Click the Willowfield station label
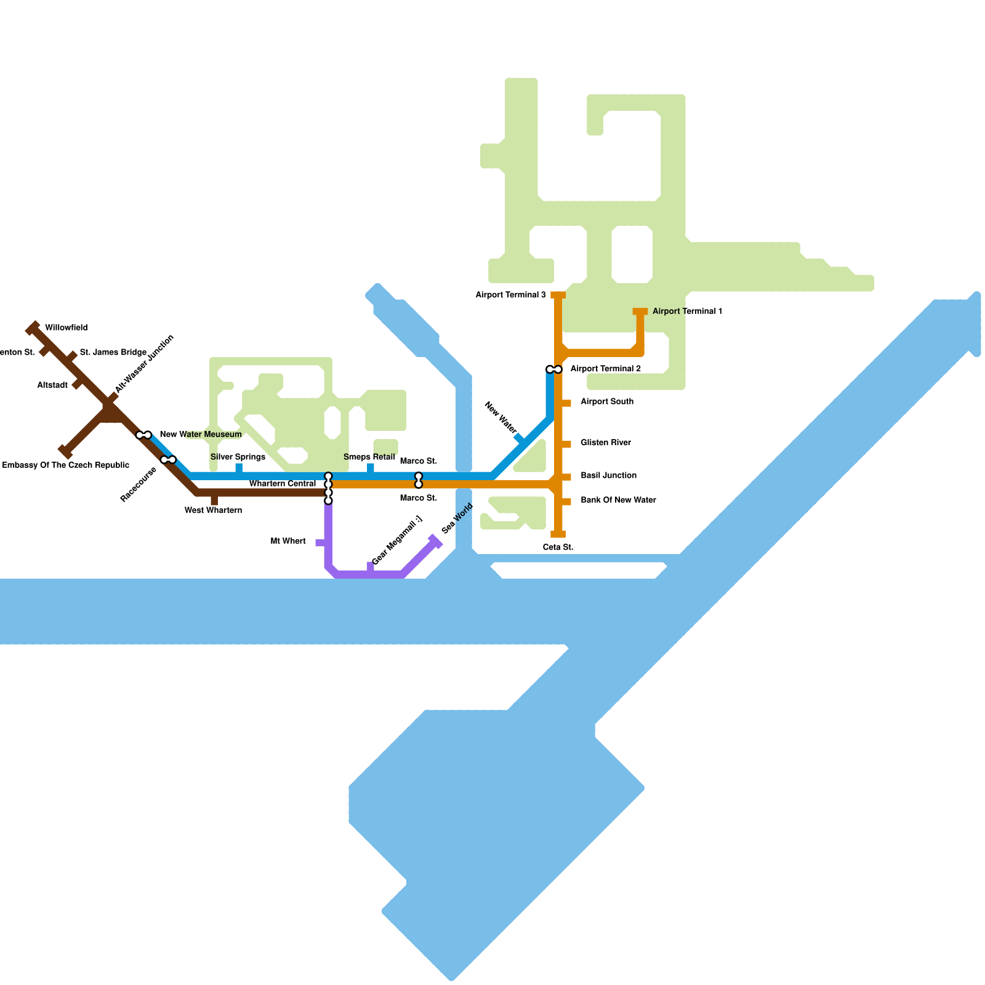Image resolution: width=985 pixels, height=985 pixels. [x=66, y=328]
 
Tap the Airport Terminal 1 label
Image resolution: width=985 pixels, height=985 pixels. [x=687, y=311]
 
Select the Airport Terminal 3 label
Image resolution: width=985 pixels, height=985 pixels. [x=510, y=295]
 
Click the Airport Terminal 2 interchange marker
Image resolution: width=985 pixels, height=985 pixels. [x=554, y=369]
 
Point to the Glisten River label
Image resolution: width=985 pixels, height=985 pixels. [x=606, y=443]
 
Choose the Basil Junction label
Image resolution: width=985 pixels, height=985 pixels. [x=608, y=475]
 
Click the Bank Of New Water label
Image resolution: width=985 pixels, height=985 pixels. [x=618, y=500]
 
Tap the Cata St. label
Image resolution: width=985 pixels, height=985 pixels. [x=558, y=547]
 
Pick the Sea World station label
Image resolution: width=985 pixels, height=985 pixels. [x=457, y=518]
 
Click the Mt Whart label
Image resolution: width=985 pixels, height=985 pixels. [x=288, y=541]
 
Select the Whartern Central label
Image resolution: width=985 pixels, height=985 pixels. [x=283, y=483]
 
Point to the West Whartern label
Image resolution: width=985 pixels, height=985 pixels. [x=213, y=510]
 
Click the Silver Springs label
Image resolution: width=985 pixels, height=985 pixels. [x=238, y=457]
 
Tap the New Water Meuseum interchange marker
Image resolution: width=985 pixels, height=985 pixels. [x=143, y=435]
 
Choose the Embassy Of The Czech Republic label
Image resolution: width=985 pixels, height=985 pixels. [x=66, y=465]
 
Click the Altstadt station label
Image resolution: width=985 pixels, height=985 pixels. [x=52, y=385]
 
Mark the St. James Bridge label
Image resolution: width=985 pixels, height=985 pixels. [x=113, y=352]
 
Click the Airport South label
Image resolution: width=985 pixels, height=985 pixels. [x=607, y=401]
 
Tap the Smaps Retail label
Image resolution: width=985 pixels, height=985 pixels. [x=369, y=457]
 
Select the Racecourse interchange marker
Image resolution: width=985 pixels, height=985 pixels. [x=168, y=460]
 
